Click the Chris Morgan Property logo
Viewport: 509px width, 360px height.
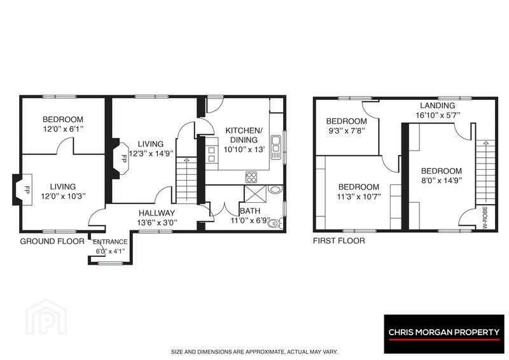pyautogui.click(x=443, y=334)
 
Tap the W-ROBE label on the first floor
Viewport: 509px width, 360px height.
pyautogui.click(x=485, y=218)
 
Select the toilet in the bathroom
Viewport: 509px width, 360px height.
pyautogui.click(x=275, y=223)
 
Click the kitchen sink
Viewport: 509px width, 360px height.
pyautogui.click(x=275, y=147)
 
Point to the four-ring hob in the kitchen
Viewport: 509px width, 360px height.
pyautogui.click(x=251, y=177)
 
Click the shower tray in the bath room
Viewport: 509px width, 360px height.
pyautogui.click(x=255, y=193)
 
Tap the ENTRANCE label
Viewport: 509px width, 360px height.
pyautogui.click(x=110, y=242)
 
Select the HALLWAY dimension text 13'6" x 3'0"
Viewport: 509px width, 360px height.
pyautogui.click(x=157, y=223)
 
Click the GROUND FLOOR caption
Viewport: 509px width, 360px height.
pyautogui.click(x=52, y=241)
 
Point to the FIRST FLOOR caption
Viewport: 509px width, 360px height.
pyautogui.click(x=339, y=240)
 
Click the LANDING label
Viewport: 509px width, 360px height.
pyautogui.click(x=437, y=106)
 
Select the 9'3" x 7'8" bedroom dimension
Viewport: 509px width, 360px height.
pyautogui.click(x=346, y=131)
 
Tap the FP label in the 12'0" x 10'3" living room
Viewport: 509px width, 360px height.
pyautogui.click(x=27, y=190)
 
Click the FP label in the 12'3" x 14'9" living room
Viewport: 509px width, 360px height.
pyautogui.click(x=123, y=158)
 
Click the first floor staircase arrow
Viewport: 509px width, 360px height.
pyautogui.click(x=485, y=171)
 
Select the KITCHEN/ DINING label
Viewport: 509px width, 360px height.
pyautogui.click(x=244, y=135)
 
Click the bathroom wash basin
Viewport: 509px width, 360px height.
pyautogui.click(x=275, y=190)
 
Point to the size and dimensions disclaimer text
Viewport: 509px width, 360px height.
pyautogui.click(x=254, y=352)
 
